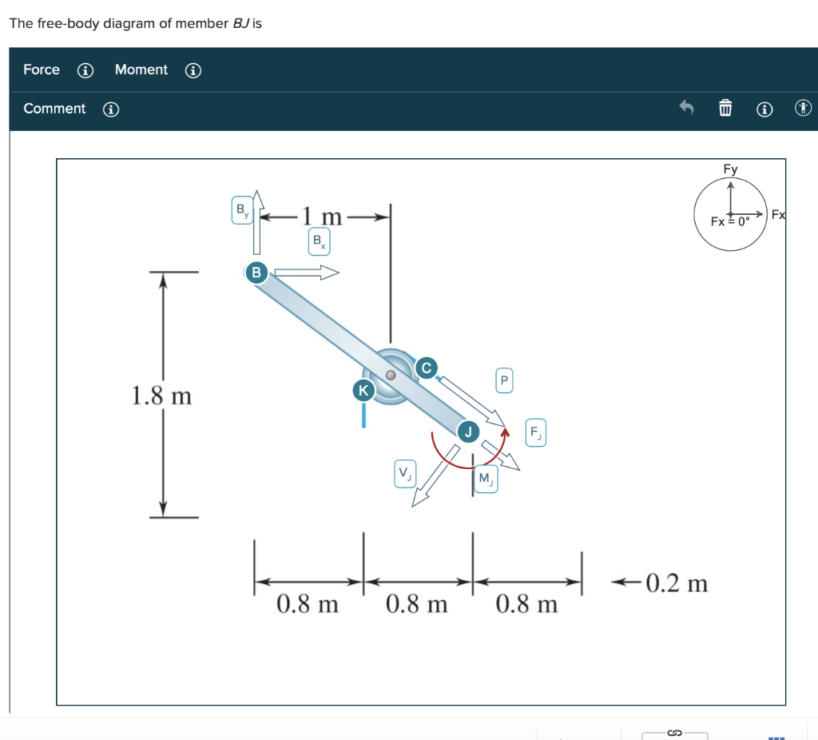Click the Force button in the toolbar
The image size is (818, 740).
click(x=42, y=70)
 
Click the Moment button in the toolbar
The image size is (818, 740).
click(x=141, y=70)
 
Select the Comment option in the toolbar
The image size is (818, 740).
click(x=54, y=109)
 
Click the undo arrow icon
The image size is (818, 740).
click(x=685, y=107)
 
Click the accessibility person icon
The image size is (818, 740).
click(x=804, y=108)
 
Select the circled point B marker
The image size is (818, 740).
click(x=256, y=272)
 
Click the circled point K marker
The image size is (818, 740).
click(x=363, y=390)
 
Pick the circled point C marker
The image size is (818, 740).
click(x=426, y=368)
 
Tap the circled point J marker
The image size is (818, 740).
click(x=468, y=432)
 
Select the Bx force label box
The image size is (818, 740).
click(x=318, y=241)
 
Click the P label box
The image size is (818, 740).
click(x=504, y=380)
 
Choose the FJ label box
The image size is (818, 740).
click(x=535, y=434)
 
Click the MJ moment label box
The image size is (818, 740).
click(x=485, y=479)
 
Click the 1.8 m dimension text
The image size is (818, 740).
click(x=161, y=396)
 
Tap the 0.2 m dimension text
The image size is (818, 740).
click(x=676, y=583)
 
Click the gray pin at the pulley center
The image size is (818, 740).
click(x=391, y=375)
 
